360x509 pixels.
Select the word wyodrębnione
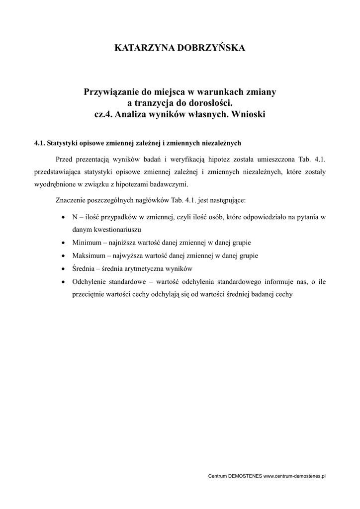click(54, 184)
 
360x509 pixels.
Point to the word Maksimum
click(89, 256)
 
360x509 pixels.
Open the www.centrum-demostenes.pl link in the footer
click(294, 476)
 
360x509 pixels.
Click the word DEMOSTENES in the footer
click(244, 476)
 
